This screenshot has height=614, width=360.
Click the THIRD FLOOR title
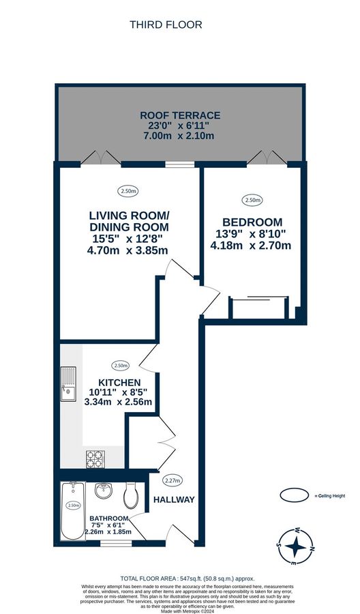(x=166, y=25)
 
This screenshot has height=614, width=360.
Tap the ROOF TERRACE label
(x=179, y=115)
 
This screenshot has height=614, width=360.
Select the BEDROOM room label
(x=252, y=222)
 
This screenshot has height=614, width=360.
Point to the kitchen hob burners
(x=93, y=458)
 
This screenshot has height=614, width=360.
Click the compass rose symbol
(x=295, y=546)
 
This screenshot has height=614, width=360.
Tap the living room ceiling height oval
(x=127, y=191)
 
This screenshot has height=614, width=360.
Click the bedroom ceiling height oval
(x=252, y=200)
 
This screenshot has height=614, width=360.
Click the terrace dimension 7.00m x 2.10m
(x=179, y=136)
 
